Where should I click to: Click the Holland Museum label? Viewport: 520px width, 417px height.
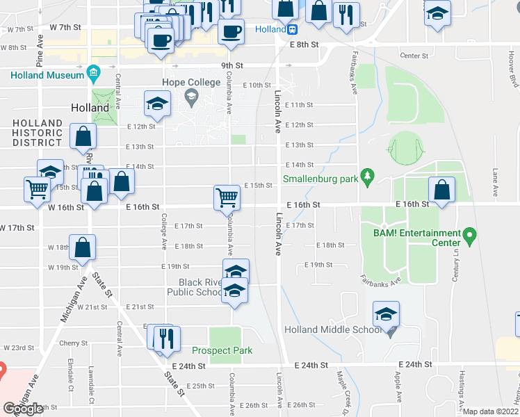(46, 74)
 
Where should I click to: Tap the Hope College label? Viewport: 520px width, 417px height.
(190, 83)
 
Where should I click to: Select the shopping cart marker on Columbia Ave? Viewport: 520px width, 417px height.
(227, 198)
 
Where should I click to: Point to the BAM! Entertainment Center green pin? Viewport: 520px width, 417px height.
(470, 235)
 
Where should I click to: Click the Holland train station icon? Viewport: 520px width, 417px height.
(293, 30)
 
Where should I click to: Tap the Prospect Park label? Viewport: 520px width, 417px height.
(222, 350)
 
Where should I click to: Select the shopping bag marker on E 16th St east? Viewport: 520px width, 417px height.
(441, 190)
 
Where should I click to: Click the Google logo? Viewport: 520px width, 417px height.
(23, 408)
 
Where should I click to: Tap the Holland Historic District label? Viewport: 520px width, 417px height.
(37, 133)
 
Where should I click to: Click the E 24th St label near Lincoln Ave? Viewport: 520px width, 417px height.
(311, 365)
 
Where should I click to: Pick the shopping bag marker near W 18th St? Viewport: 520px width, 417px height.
(83, 247)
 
